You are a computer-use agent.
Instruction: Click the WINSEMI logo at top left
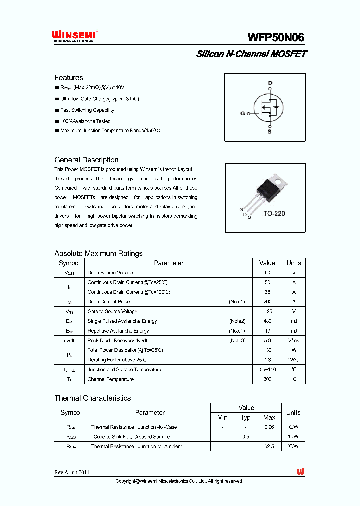coord(74,36)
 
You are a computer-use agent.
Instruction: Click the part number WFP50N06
coord(275,37)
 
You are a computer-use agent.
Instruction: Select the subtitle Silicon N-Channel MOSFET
coord(251,54)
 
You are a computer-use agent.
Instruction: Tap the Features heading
coord(68,78)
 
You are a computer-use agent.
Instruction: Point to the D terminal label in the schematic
coord(270,83)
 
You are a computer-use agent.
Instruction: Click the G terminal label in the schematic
coord(243,113)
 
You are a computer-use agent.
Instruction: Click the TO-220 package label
coord(274,213)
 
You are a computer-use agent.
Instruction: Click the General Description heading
coord(86,160)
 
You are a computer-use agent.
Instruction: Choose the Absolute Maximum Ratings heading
coord(98,253)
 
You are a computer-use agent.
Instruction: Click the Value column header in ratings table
coord(267,263)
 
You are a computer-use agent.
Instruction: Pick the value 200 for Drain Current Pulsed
coord(267,302)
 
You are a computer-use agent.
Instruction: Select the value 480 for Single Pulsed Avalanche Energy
coord(267,321)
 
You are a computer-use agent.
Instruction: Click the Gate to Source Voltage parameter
coord(112,311)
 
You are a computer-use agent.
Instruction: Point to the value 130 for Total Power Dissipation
coord(267,350)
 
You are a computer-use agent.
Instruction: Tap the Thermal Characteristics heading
coord(92,398)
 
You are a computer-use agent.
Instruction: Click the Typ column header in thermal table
coord(245,417)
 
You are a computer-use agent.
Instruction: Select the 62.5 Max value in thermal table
coord(269,446)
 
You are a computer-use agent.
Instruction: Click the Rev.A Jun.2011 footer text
coord(72,472)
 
